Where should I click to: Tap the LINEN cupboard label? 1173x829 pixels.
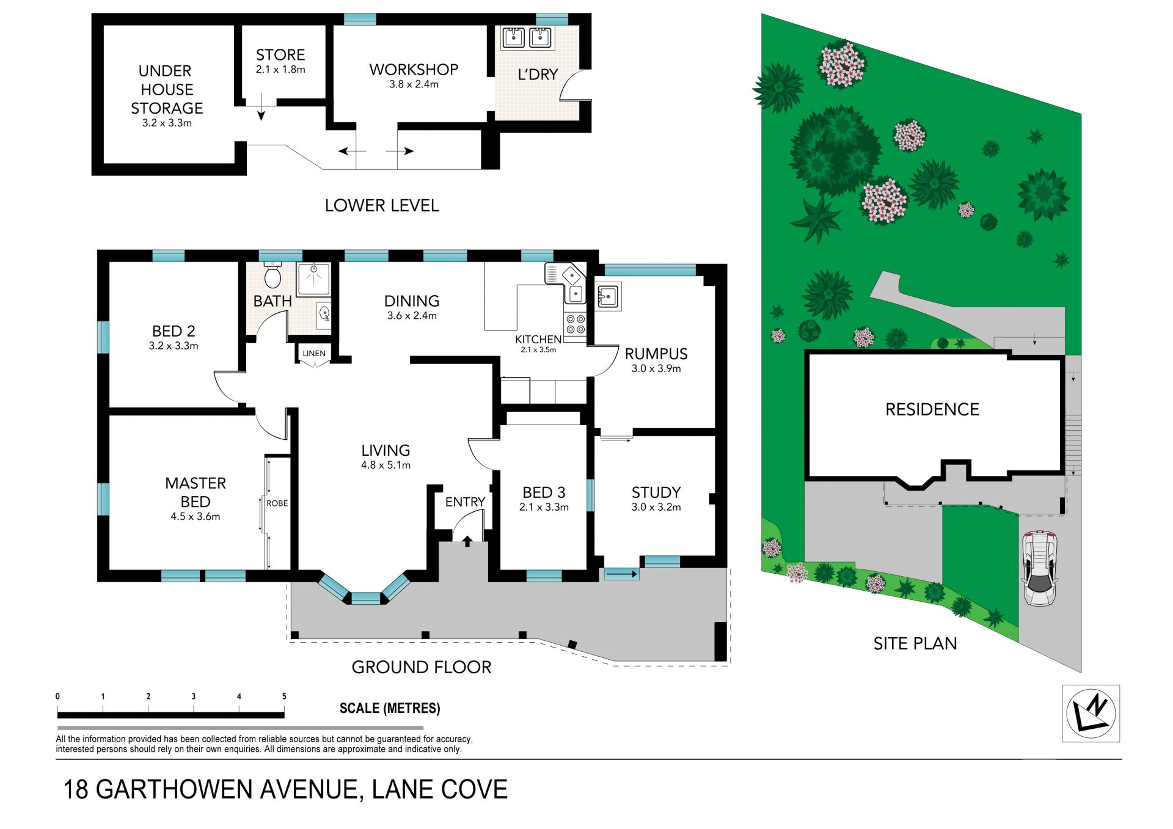[x=314, y=353]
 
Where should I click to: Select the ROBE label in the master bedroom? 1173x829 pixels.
[x=277, y=503]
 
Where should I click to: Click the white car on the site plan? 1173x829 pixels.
[x=1039, y=568]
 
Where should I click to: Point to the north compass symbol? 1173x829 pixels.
[x=1091, y=713]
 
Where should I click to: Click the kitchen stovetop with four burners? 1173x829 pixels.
[x=575, y=324]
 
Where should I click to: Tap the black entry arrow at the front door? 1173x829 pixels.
[x=467, y=541]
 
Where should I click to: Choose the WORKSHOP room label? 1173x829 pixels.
[x=414, y=70]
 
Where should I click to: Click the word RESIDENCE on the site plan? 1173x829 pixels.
[x=932, y=409]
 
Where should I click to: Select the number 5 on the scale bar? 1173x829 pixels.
[x=284, y=696]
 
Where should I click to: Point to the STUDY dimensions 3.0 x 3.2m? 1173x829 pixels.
[x=656, y=507]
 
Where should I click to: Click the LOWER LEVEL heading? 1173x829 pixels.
[x=382, y=205]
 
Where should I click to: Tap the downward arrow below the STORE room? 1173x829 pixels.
[x=261, y=107]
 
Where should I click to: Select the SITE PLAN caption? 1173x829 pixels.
[x=915, y=643]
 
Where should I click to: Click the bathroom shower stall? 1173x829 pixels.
[x=313, y=279]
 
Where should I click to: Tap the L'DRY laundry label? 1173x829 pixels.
[x=538, y=75]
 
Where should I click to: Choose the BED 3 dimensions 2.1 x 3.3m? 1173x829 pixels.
[x=544, y=507]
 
